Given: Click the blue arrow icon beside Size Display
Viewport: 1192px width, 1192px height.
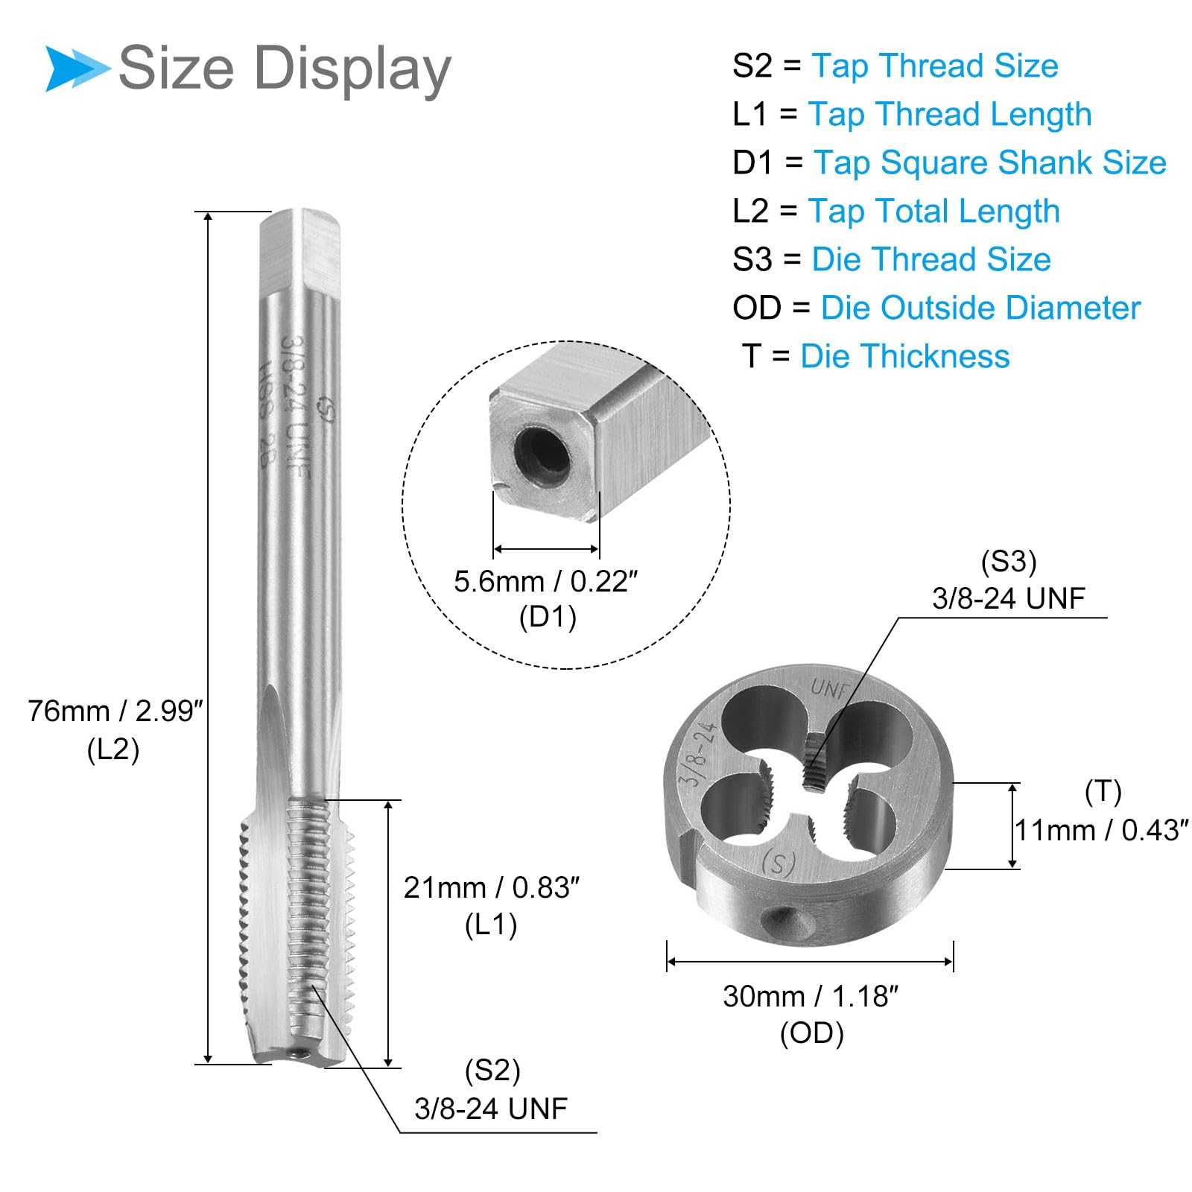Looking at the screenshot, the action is (77, 69).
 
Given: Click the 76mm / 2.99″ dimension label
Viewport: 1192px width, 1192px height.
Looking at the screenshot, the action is (115, 711).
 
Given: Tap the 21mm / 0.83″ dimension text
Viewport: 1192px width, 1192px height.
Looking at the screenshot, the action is (491, 887).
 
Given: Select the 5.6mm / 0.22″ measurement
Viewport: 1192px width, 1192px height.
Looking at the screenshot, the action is (546, 581).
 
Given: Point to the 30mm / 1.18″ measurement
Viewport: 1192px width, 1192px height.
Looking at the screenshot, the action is (811, 996).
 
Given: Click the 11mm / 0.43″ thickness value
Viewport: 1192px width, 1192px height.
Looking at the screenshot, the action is (1102, 830).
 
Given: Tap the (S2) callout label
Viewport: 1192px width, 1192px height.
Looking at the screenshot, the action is (492, 1071).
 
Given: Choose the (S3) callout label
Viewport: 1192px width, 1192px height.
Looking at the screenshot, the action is (1009, 561).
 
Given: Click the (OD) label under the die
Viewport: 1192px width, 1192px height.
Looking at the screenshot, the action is (811, 1033).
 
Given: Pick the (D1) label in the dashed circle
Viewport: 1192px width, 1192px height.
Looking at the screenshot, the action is (548, 617).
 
